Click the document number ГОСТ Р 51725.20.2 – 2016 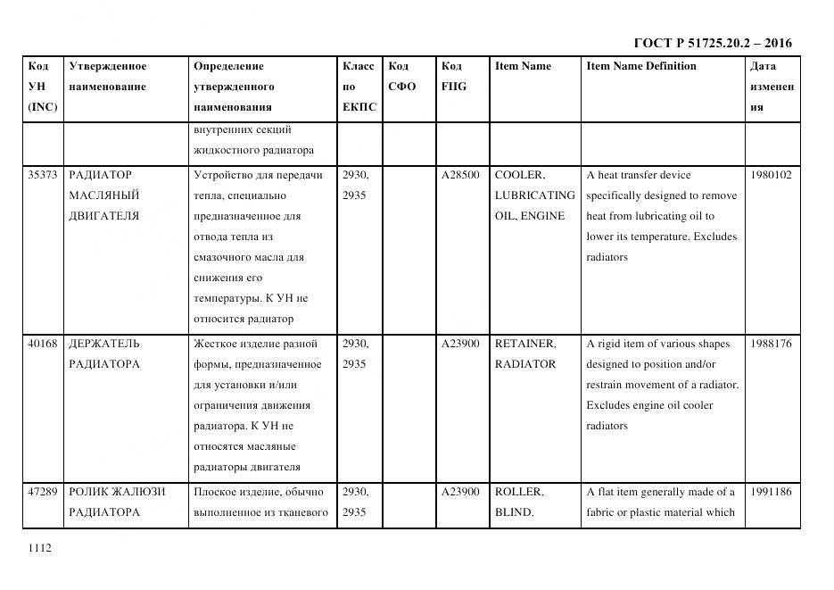click(712, 43)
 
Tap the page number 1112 click(40, 548)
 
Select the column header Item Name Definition click(641, 66)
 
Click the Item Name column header click(523, 66)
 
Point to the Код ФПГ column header click(453, 76)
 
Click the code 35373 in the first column click(42, 175)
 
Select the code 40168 click(42, 344)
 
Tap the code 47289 click(42, 492)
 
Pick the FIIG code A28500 click(460, 175)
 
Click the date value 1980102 click(771, 175)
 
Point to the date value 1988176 click(771, 344)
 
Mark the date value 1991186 click(771, 492)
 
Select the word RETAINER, click(525, 344)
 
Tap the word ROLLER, click(519, 492)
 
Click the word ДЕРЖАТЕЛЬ click(104, 344)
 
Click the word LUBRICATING click(534, 195)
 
